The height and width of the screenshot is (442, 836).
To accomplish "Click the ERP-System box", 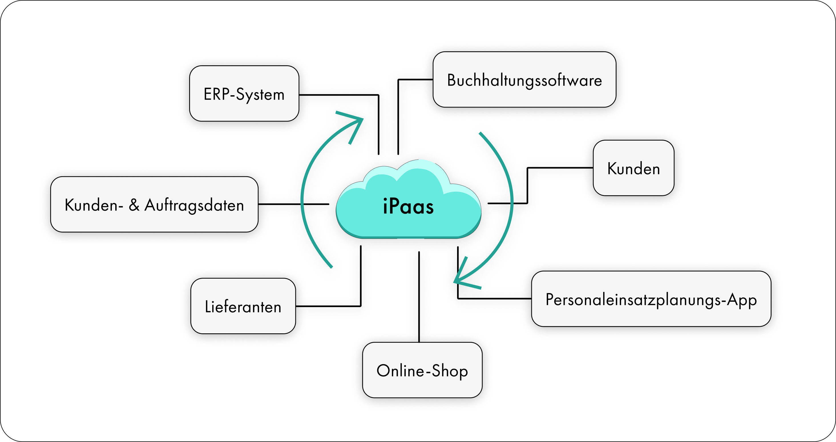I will click(244, 94).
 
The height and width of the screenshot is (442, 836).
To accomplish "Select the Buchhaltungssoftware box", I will click(524, 80).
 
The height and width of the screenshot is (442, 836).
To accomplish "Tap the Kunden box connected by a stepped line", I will click(633, 168).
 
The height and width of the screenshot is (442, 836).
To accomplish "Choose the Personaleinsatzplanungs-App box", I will click(651, 299).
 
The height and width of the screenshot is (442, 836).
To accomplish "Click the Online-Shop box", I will click(422, 370).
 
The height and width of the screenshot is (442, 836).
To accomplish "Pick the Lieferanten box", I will click(243, 306).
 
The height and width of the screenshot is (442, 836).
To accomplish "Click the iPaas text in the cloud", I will click(408, 206).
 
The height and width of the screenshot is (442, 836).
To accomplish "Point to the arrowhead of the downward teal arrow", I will click(459, 279).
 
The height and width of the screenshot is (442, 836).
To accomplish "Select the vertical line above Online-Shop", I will click(419, 297).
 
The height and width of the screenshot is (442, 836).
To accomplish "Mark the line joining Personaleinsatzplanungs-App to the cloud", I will click(493, 298).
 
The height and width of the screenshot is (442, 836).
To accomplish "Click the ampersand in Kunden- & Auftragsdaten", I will click(134, 205).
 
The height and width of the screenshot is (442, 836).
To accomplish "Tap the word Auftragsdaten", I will click(194, 206).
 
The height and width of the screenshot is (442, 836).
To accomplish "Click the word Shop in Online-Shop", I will click(450, 371).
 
